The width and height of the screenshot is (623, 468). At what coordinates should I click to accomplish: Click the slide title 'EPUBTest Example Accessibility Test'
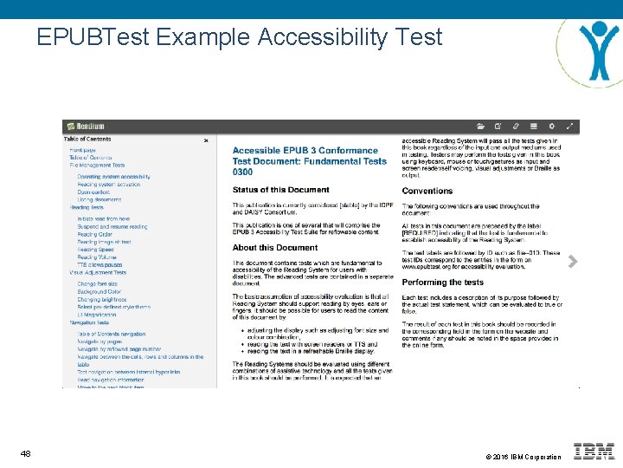(x=239, y=37)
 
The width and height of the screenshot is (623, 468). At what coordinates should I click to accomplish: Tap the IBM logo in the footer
(x=594, y=452)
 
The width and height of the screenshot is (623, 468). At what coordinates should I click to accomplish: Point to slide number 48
(x=26, y=454)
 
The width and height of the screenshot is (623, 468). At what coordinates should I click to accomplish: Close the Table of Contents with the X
(x=206, y=140)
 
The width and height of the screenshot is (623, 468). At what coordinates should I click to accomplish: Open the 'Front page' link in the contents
(x=83, y=149)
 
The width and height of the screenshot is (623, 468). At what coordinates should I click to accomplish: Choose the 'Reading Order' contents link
(x=94, y=234)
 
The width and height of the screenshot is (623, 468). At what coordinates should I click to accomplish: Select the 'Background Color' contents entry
(x=99, y=291)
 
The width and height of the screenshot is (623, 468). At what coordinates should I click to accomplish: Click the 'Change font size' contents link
(x=98, y=283)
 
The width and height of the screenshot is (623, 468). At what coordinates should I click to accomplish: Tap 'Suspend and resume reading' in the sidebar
(x=112, y=226)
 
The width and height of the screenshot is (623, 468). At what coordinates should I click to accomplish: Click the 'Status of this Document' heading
(x=280, y=190)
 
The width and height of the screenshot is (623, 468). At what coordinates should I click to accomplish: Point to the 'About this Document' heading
(x=274, y=248)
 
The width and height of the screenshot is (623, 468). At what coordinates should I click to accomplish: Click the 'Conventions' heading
(x=427, y=192)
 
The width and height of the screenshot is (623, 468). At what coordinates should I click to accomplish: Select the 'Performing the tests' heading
(x=442, y=283)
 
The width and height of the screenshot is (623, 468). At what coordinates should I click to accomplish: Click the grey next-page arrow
(x=571, y=259)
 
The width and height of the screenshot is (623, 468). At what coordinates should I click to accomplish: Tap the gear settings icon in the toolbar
(x=551, y=127)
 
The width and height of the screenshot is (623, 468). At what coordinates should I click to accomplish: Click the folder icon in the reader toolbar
(x=493, y=127)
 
